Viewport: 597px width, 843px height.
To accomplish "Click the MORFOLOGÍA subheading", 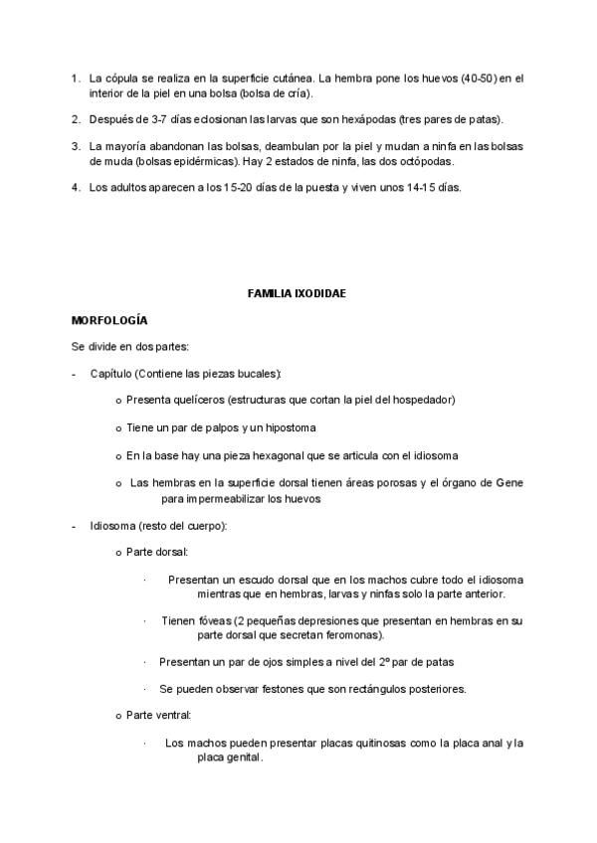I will click(109, 321).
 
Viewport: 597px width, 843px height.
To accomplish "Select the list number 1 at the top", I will click(75, 77).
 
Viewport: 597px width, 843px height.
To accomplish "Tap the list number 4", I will click(75, 187).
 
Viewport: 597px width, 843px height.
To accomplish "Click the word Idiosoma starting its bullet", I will click(112, 524).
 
